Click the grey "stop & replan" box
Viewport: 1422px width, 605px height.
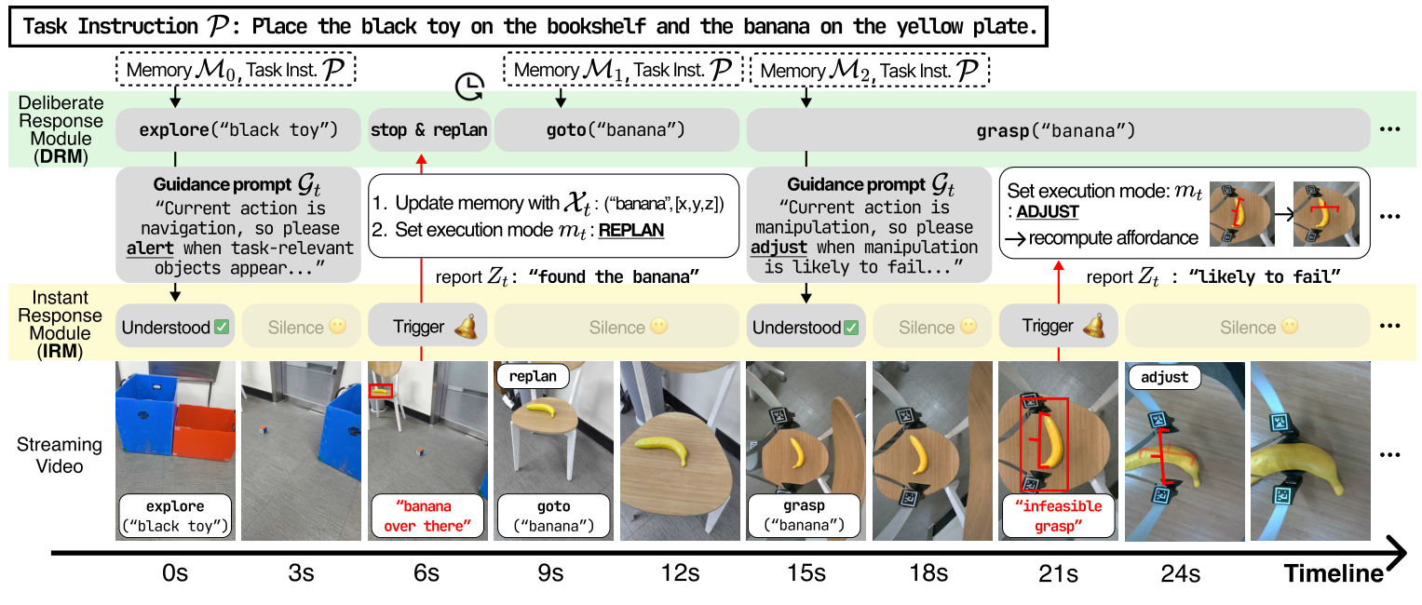tap(429, 129)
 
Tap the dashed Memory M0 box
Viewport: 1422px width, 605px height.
tap(237, 70)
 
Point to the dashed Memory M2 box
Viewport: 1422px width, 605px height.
tap(870, 70)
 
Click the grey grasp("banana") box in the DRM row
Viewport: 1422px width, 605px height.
tap(1058, 129)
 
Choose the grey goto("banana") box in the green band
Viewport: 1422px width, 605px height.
tap(616, 129)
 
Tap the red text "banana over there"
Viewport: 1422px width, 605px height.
tap(427, 516)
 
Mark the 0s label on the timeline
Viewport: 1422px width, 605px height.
tap(174, 573)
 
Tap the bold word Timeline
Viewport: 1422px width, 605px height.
tap(1334, 573)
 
